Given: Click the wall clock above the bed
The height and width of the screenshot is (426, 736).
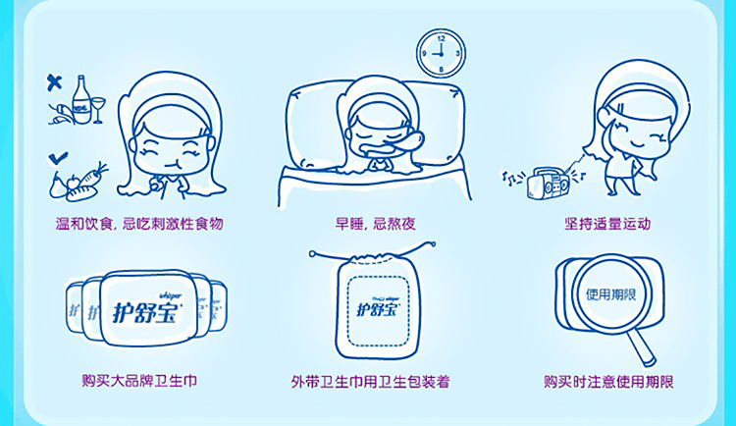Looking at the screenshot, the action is click(441, 53).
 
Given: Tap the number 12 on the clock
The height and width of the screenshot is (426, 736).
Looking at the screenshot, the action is click(441, 38).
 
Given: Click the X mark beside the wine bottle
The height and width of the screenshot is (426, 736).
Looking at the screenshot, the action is click(54, 82).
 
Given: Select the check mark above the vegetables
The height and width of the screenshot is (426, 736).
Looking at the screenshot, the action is click(58, 158).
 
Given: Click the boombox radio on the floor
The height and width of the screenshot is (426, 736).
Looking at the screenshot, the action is click(549, 183).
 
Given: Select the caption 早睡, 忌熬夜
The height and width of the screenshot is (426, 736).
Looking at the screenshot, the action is click(375, 223).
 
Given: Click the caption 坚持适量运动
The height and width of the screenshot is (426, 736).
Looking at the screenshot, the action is click(607, 223).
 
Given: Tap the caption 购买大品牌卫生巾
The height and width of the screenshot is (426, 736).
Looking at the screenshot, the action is click(139, 380).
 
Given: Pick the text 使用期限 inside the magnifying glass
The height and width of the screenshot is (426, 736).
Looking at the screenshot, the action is click(610, 294).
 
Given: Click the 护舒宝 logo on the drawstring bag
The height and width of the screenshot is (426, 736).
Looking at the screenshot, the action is click(378, 308).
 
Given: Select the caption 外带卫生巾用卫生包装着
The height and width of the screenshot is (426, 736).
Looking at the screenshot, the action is click(370, 381).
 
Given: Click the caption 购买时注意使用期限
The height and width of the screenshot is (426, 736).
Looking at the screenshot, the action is click(608, 381).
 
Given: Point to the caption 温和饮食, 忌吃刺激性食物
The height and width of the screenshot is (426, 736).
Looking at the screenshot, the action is click(139, 223).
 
